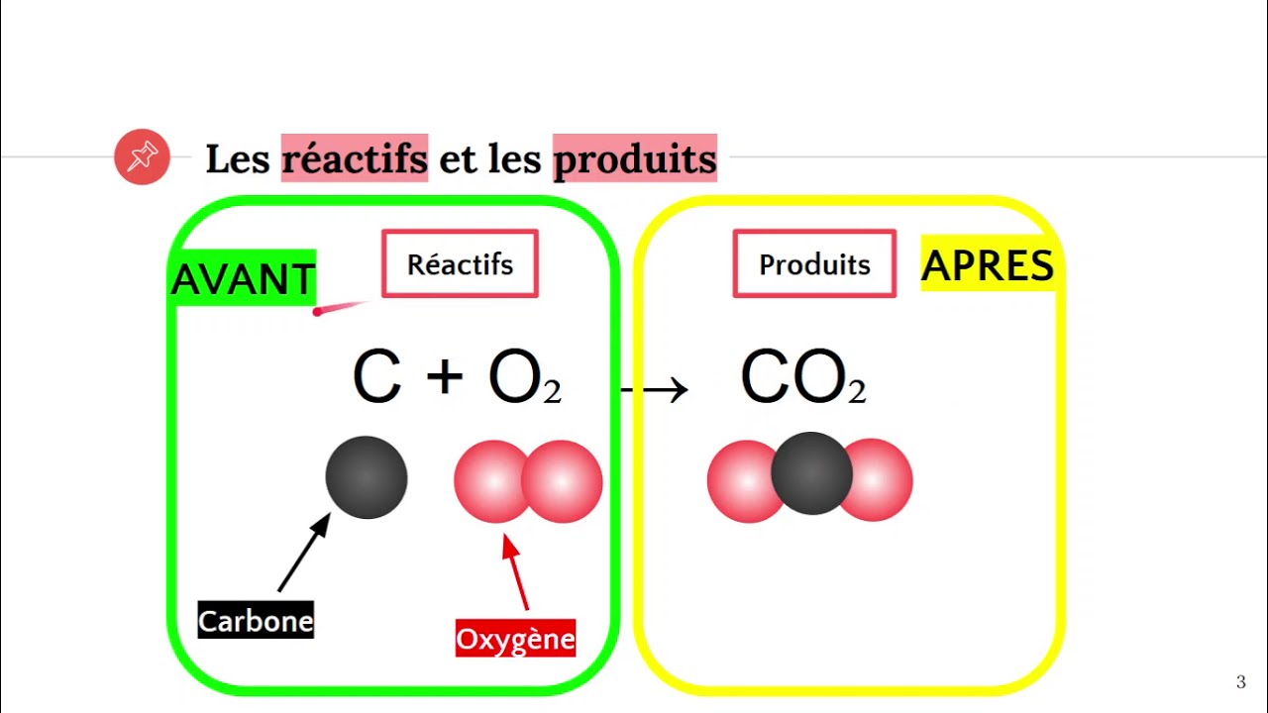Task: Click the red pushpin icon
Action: [x=143, y=156]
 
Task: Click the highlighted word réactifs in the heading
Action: [x=355, y=158]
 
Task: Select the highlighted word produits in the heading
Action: [x=634, y=158]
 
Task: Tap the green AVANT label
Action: [x=244, y=278]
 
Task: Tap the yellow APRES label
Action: [x=988, y=265]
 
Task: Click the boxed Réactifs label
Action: [x=460, y=264]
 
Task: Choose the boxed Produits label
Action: [x=814, y=264]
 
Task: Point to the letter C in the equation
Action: [x=376, y=377]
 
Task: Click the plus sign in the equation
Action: [x=445, y=377]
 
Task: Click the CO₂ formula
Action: [x=802, y=379]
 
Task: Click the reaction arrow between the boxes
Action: [x=656, y=389]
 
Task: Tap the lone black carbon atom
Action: [x=367, y=477]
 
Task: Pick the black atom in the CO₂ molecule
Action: [x=811, y=473]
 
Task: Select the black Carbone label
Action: [x=256, y=621]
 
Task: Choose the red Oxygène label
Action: [x=515, y=639]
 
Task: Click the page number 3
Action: [x=1241, y=681]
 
